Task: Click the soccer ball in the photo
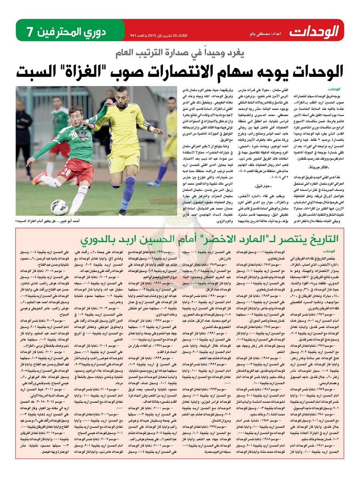[x=59, y=207]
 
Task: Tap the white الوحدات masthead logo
[x=314, y=31]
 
